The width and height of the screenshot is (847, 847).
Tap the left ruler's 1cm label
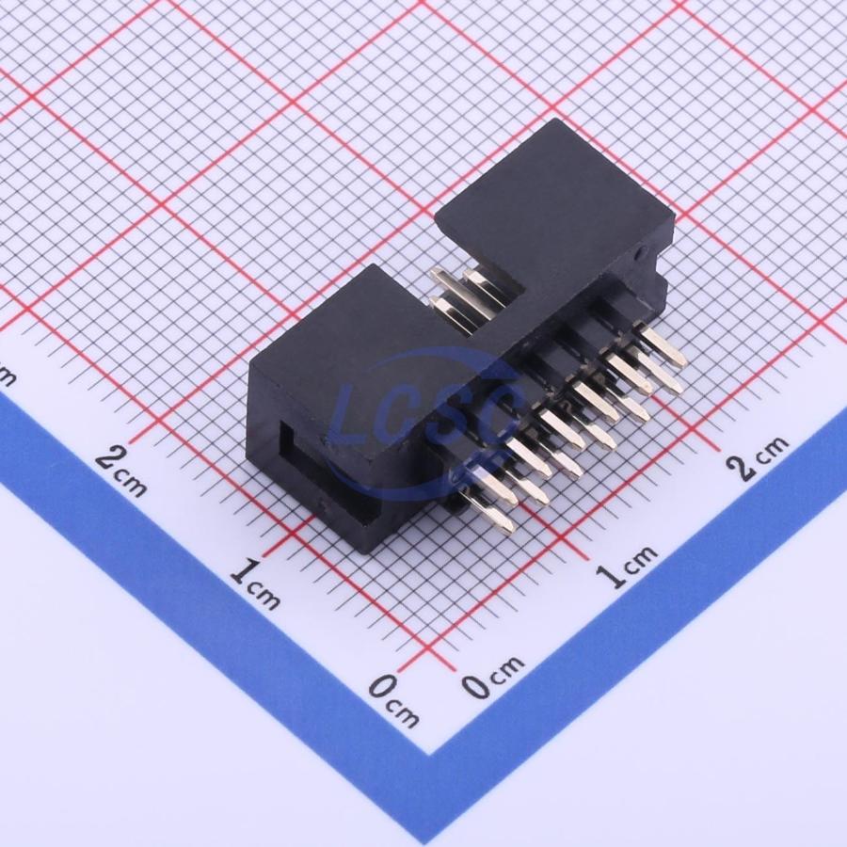click(x=255, y=585)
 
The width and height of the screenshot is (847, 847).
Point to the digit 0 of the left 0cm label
click(x=383, y=688)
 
